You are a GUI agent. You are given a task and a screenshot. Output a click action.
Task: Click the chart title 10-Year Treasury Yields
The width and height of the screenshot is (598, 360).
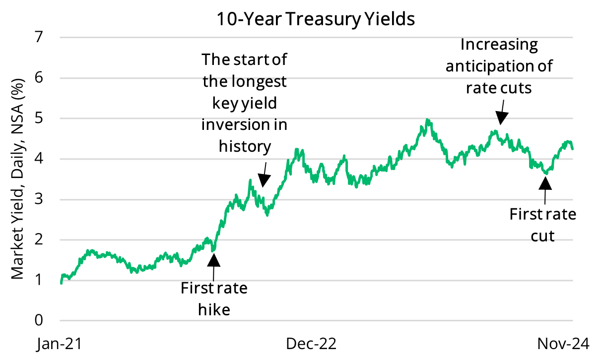[x=315, y=19]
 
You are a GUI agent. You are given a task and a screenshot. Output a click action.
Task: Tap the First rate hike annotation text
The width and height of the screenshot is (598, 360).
[x=214, y=299]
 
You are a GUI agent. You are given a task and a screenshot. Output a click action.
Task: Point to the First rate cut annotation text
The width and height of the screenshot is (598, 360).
[x=543, y=225]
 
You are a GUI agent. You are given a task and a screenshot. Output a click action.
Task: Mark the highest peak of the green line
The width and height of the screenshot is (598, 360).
[x=427, y=120]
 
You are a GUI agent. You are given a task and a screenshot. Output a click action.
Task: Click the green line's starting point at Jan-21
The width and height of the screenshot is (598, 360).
[x=61, y=283]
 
